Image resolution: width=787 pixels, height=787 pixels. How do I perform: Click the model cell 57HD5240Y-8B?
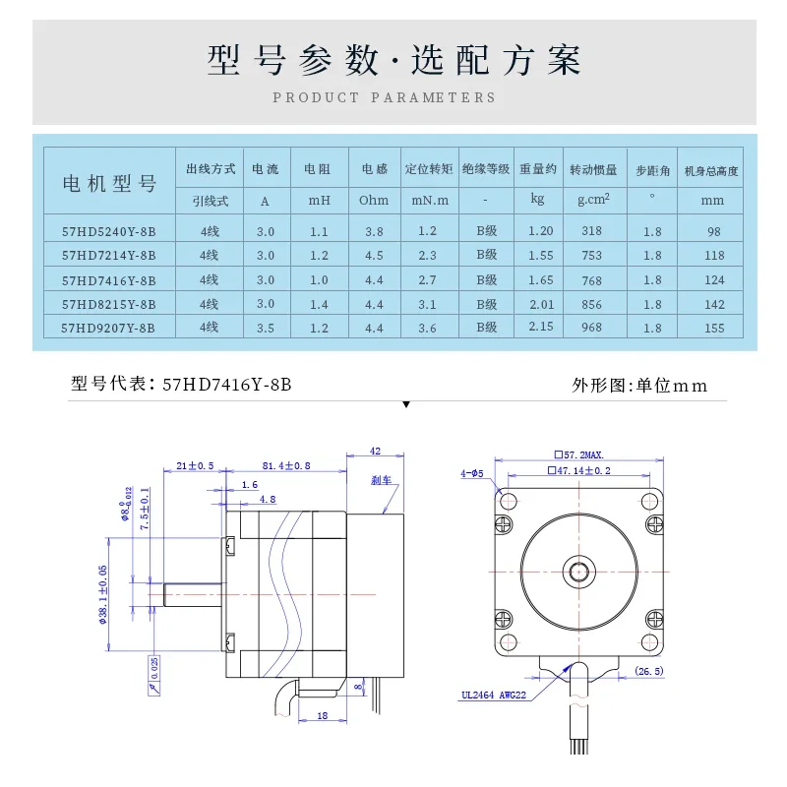109,231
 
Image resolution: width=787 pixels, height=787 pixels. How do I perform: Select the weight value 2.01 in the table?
542,304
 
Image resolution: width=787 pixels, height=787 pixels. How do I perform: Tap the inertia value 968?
592,328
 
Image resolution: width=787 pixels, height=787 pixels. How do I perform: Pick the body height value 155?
714,328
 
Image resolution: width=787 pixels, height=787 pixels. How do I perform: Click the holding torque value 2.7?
427,280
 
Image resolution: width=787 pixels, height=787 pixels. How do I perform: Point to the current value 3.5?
266,328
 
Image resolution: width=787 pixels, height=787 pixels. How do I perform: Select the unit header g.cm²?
594,200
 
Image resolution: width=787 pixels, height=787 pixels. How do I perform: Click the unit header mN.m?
430,201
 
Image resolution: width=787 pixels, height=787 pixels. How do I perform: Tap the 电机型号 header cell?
110,183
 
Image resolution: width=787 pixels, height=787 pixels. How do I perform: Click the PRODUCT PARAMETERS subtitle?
385,97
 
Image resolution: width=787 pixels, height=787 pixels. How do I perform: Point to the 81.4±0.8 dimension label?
286,465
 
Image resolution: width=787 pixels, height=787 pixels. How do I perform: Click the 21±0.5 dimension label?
195,465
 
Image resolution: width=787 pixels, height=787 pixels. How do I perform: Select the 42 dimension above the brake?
375,451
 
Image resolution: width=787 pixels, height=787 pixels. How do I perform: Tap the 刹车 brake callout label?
381,480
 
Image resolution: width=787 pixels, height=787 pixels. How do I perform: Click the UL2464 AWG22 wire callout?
494,695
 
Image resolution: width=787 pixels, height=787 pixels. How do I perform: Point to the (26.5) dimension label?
649,671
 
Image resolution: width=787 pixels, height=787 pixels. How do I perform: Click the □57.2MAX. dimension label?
578,454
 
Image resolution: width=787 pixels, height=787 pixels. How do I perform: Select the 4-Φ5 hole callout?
472,473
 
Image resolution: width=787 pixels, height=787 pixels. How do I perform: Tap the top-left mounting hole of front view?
509,501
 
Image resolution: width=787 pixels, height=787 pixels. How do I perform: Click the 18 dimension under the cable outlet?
323,715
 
